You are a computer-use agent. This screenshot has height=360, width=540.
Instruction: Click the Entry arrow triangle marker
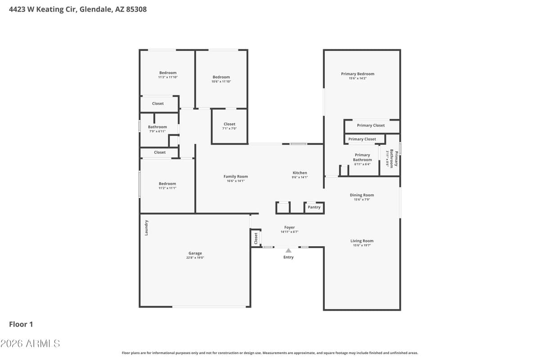(x=288, y=250)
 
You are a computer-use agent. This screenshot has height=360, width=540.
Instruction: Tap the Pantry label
(x=314, y=207)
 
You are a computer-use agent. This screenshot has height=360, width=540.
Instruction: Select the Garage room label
(x=195, y=253)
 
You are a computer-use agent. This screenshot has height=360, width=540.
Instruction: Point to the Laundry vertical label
(x=146, y=228)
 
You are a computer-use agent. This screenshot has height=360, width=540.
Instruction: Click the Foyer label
(x=289, y=228)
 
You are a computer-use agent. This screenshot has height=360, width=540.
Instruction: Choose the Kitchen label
(x=300, y=173)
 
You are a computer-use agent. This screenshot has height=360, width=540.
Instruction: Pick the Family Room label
(x=236, y=176)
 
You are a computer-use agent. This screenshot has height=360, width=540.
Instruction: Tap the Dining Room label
(x=362, y=195)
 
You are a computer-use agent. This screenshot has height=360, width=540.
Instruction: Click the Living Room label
(x=362, y=241)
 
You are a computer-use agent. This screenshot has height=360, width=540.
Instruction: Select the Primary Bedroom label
(x=358, y=74)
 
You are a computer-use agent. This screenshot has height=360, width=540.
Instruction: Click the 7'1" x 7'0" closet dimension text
(x=229, y=129)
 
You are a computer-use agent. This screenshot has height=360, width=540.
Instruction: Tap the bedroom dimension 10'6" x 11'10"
(x=221, y=82)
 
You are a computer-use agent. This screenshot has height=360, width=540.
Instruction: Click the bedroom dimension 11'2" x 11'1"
(x=167, y=188)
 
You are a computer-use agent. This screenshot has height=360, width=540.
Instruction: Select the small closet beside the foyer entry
(x=256, y=238)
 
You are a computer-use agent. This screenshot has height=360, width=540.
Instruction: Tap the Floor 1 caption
(x=21, y=324)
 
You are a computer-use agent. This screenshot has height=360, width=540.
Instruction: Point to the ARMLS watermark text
(x=30, y=344)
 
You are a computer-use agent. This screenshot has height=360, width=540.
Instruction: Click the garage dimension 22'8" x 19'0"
(x=195, y=258)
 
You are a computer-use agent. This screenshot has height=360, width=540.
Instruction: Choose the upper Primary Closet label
(x=371, y=126)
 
